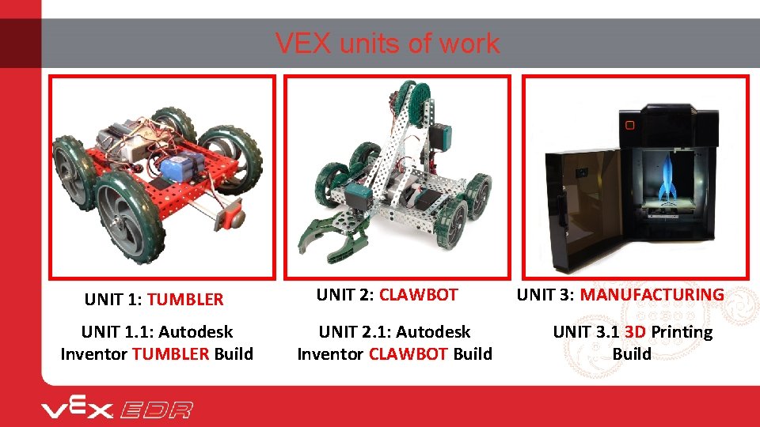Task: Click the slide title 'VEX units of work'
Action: [x=387, y=43]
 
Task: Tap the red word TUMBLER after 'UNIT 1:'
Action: [x=185, y=300]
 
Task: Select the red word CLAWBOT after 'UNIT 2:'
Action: [x=418, y=295]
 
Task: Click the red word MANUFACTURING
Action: [x=652, y=295]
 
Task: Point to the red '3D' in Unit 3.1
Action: [x=634, y=332]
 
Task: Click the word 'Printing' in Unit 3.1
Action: [x=682, y=332]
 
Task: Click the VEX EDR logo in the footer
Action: [x=117, y=409]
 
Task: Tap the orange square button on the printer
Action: [x=629, y=124]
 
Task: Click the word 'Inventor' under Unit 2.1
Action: [x=330, y=353]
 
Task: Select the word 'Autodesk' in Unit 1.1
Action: [x=195, y=332]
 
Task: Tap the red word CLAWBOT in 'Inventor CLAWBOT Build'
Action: [x=408, y=353]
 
